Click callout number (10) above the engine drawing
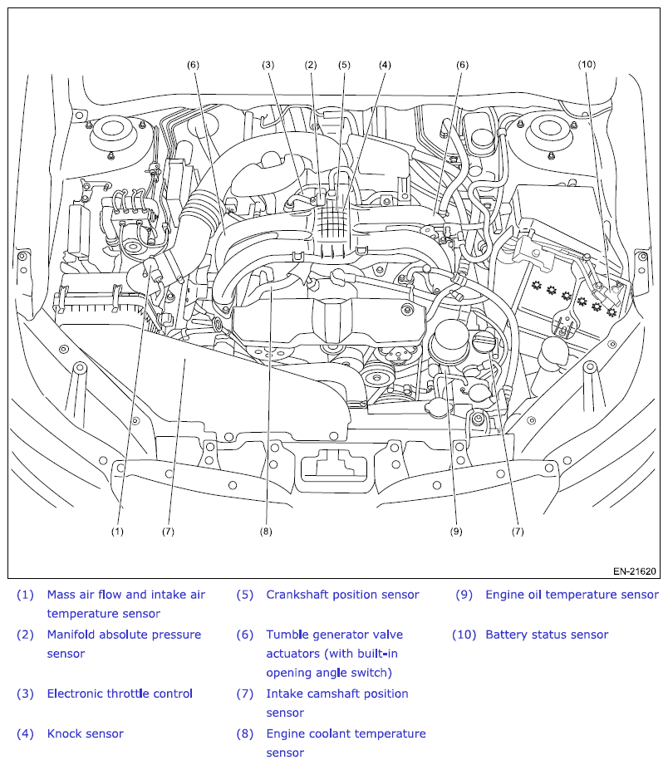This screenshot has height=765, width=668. [x=587, y=64]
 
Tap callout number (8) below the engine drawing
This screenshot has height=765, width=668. [x=266, y=531]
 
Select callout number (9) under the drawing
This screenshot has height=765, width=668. [x=455, y=531]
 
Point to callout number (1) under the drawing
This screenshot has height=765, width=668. [x=117, y=531]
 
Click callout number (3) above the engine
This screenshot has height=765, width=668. [x=268, y=64]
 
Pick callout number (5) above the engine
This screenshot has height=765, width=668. [x=344, y=64]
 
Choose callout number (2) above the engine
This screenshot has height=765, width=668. [x=311, y=64]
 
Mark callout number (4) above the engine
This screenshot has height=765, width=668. [x=385, y=64]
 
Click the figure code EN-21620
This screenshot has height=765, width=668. [x=635, y=571]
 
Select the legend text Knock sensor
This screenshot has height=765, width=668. [x=85, y=733]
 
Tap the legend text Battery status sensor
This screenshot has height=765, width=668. [x=547, y=635]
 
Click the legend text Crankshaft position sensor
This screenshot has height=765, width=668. [x=342, y=595]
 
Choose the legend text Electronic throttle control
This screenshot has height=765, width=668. [x=120, y=694]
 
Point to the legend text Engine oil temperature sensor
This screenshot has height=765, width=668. [x=572, y=595]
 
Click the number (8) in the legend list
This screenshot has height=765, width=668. [x=244, y=733]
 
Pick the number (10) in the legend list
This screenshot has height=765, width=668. [x=464, y=635]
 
